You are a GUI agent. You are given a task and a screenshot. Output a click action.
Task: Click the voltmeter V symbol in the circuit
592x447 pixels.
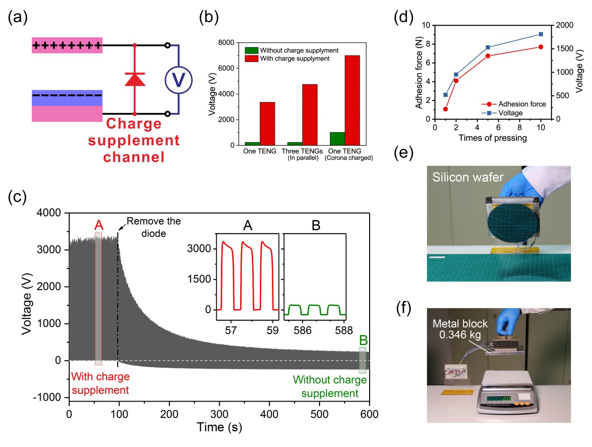178,80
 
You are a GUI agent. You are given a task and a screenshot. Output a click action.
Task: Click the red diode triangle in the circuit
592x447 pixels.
135,80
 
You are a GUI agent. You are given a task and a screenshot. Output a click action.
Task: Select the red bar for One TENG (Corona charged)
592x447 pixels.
352,100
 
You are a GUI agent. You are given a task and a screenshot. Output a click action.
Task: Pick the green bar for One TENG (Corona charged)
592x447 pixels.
337,139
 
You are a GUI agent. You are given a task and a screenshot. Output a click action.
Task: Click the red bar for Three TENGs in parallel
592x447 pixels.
310,114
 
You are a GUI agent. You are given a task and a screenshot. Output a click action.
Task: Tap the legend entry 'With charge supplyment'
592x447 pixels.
295,58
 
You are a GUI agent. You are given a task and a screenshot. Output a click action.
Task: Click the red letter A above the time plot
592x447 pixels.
98,226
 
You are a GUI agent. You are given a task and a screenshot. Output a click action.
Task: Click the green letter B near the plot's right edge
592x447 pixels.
363,341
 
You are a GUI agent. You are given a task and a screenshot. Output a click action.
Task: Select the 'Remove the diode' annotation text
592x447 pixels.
153,227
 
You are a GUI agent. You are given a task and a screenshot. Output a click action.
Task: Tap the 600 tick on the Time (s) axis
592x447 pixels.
369,414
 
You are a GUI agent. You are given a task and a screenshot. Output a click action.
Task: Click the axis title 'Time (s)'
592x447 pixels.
219,427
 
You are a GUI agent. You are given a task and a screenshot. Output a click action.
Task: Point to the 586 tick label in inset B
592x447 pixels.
302,330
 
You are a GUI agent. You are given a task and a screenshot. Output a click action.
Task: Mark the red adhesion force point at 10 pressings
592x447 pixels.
541,47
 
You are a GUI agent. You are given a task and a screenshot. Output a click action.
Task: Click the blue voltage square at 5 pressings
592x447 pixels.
488,47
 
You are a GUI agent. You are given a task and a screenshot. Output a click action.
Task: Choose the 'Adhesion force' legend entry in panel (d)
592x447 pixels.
521,104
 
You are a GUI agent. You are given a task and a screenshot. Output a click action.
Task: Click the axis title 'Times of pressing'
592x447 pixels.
492,138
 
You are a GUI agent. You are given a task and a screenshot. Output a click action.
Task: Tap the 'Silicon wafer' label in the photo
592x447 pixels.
467,177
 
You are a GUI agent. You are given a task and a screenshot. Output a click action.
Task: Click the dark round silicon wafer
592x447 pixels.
512,221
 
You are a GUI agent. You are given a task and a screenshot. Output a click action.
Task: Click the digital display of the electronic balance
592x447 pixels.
499,399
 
